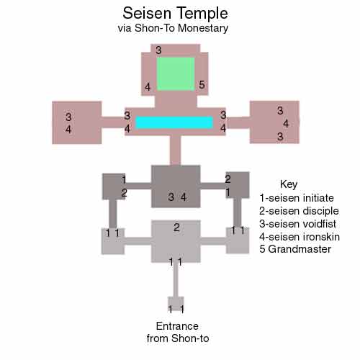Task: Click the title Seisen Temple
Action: tap(175, 13)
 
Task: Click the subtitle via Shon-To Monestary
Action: tap(173, 28)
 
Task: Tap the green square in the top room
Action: tap(176, 73)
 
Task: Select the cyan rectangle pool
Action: tap(174, 122)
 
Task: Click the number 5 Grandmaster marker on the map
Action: tap(202, 84)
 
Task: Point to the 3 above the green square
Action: tap(158, 50)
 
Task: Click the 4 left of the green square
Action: tap(148, 87)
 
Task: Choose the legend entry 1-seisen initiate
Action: tap(297, 198)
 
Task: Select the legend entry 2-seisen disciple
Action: tap(299, 211)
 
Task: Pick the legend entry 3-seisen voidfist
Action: tap(298, 224)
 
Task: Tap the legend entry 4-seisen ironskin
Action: tap(300, 237)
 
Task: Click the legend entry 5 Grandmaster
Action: tap(295, 249)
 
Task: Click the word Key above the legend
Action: tap(289, 184)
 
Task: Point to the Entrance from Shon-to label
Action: tap(178, 332)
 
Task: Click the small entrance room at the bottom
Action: tap(176, 304)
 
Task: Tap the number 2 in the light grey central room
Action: tap(176, 228)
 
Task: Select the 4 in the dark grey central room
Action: tap(184, 197)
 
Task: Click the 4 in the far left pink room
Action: tap(68, 130)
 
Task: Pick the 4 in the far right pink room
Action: tap(286, 124)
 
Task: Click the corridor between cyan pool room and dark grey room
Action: tap(175, 150)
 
